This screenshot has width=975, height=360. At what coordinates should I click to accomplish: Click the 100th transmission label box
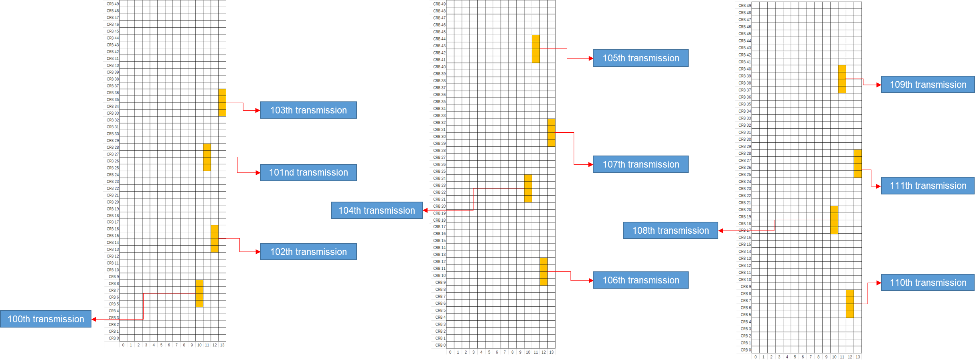[46, 319]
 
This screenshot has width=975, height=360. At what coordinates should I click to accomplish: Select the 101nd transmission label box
[308, 172]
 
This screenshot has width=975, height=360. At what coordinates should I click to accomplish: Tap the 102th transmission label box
[308, 252]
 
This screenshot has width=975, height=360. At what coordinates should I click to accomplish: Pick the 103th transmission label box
[308, 110]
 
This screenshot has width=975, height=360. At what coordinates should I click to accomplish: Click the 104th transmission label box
[377, 210]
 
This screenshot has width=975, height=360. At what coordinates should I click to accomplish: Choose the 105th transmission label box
[641, 58]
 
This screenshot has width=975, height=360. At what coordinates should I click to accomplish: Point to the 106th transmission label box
[641, 280]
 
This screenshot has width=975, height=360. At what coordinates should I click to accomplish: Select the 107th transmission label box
[641, 164]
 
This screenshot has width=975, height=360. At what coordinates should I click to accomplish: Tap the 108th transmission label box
[670, 231]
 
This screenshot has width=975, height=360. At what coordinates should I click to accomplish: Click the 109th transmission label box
[928, 85]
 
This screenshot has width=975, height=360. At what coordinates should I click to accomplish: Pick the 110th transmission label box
[928, 283]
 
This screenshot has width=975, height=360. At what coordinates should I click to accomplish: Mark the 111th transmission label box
[928, 186]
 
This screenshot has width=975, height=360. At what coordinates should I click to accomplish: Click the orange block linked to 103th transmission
[222, 103]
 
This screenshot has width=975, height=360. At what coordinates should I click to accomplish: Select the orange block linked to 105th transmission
[536, 49]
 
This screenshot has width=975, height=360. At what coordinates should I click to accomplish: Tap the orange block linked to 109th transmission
[842, 79]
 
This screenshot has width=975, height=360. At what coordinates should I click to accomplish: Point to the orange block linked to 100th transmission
[199, 293]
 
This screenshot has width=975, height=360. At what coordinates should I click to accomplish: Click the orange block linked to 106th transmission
[543, 271]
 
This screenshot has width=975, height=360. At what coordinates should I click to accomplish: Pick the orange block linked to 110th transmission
[850, 304]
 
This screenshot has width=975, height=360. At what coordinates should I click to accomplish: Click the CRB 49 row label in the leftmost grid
[113, 4]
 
